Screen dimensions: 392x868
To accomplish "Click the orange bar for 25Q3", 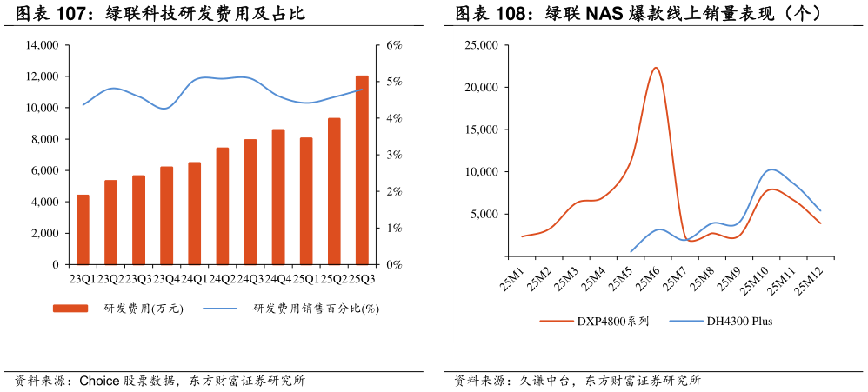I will (x=362, y=170).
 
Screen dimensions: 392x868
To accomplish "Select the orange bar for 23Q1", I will (x=83, y=229).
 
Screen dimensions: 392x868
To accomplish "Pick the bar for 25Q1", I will (x=306, y=201).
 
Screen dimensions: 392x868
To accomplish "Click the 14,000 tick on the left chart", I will (x=43, y=45).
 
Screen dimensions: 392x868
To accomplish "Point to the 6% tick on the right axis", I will (x=394, y=45).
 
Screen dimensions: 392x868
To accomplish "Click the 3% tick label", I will (x=394, y=155).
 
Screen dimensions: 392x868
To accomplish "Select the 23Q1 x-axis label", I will (x=83, y=278).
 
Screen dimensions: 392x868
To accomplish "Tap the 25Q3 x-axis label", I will (x=362, y=278).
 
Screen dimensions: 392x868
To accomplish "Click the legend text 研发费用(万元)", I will (x=144, y=309).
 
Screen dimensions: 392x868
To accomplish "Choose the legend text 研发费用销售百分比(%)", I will (x=316, y=309).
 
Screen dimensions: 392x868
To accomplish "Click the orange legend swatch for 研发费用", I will (x=70, y=309).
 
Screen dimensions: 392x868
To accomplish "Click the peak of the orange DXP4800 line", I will (x=656, y=68).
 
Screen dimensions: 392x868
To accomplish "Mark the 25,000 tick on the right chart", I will (x=481, y=45).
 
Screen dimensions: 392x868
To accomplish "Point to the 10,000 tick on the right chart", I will (x=481, y=172).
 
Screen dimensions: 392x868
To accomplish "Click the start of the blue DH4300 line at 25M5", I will (x=631, y=251).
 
